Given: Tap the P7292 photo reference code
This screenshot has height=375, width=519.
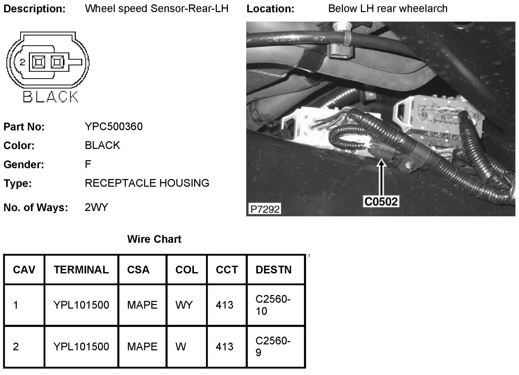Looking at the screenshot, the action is [x=265, y=209].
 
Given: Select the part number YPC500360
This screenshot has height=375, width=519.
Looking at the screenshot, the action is [x=114, y=126].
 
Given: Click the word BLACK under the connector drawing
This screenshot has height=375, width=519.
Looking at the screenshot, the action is [x=51, y=97].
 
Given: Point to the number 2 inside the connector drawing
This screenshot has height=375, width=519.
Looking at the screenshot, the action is [x=22, y=62].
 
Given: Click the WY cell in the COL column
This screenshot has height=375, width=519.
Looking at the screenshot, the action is [x=184, y=305].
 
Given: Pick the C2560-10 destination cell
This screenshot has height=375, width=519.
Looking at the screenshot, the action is [x=273, y=305].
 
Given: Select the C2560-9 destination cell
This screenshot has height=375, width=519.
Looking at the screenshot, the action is [x=273, y=346].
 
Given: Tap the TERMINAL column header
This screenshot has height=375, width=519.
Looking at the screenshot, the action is [x=81, y=269].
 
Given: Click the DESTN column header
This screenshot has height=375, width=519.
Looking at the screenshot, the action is [x=273, y=269].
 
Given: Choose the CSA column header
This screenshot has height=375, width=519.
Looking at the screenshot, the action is [x=138, y=269].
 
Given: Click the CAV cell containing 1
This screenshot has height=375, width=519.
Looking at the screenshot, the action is [x=16, y=305].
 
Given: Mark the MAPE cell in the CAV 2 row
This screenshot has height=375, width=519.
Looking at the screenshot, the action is [x=142, y=347].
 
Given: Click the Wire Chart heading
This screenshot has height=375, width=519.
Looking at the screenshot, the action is [x=154, y=239].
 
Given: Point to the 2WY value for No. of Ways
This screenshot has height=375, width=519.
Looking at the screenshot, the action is [x=96, y=207].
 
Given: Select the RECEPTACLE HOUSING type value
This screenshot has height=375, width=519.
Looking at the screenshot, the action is [x=147, y=183].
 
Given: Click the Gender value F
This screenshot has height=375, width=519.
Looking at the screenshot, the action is [x=88, y=164].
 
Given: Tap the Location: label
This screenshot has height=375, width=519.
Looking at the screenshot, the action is [x=270, y=9].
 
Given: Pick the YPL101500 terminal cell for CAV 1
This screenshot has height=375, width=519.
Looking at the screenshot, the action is [x=81, y=305].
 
